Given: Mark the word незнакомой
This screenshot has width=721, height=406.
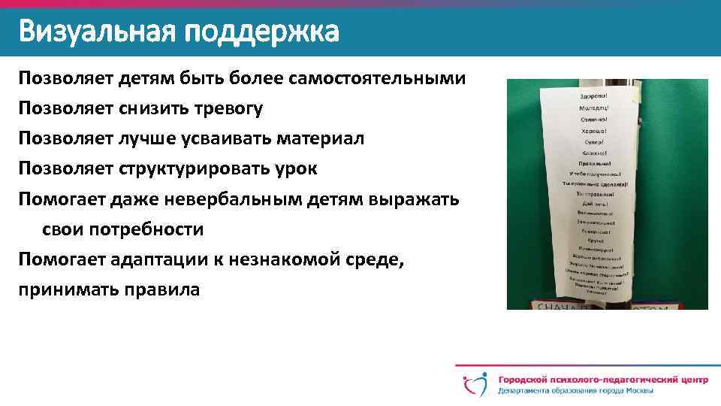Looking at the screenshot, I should click(x=291, y=260).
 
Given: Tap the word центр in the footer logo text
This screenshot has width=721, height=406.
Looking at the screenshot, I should click(x=689, y=379).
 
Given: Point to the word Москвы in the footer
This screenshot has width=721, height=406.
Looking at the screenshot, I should click(x=638, y=391).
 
